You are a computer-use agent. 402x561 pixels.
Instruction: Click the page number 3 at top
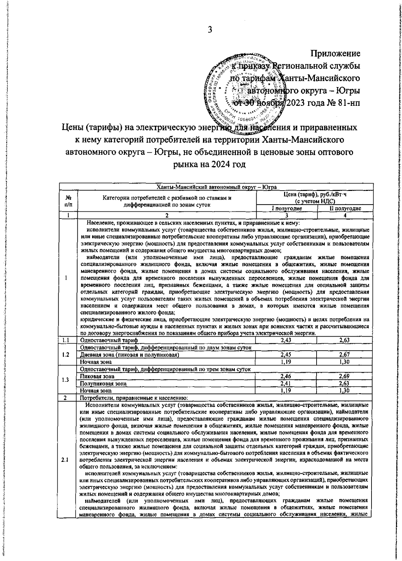pyautogui.click(x=210, y=30)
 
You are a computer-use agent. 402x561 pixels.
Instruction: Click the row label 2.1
pyautogui.click(x=66, y=460)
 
